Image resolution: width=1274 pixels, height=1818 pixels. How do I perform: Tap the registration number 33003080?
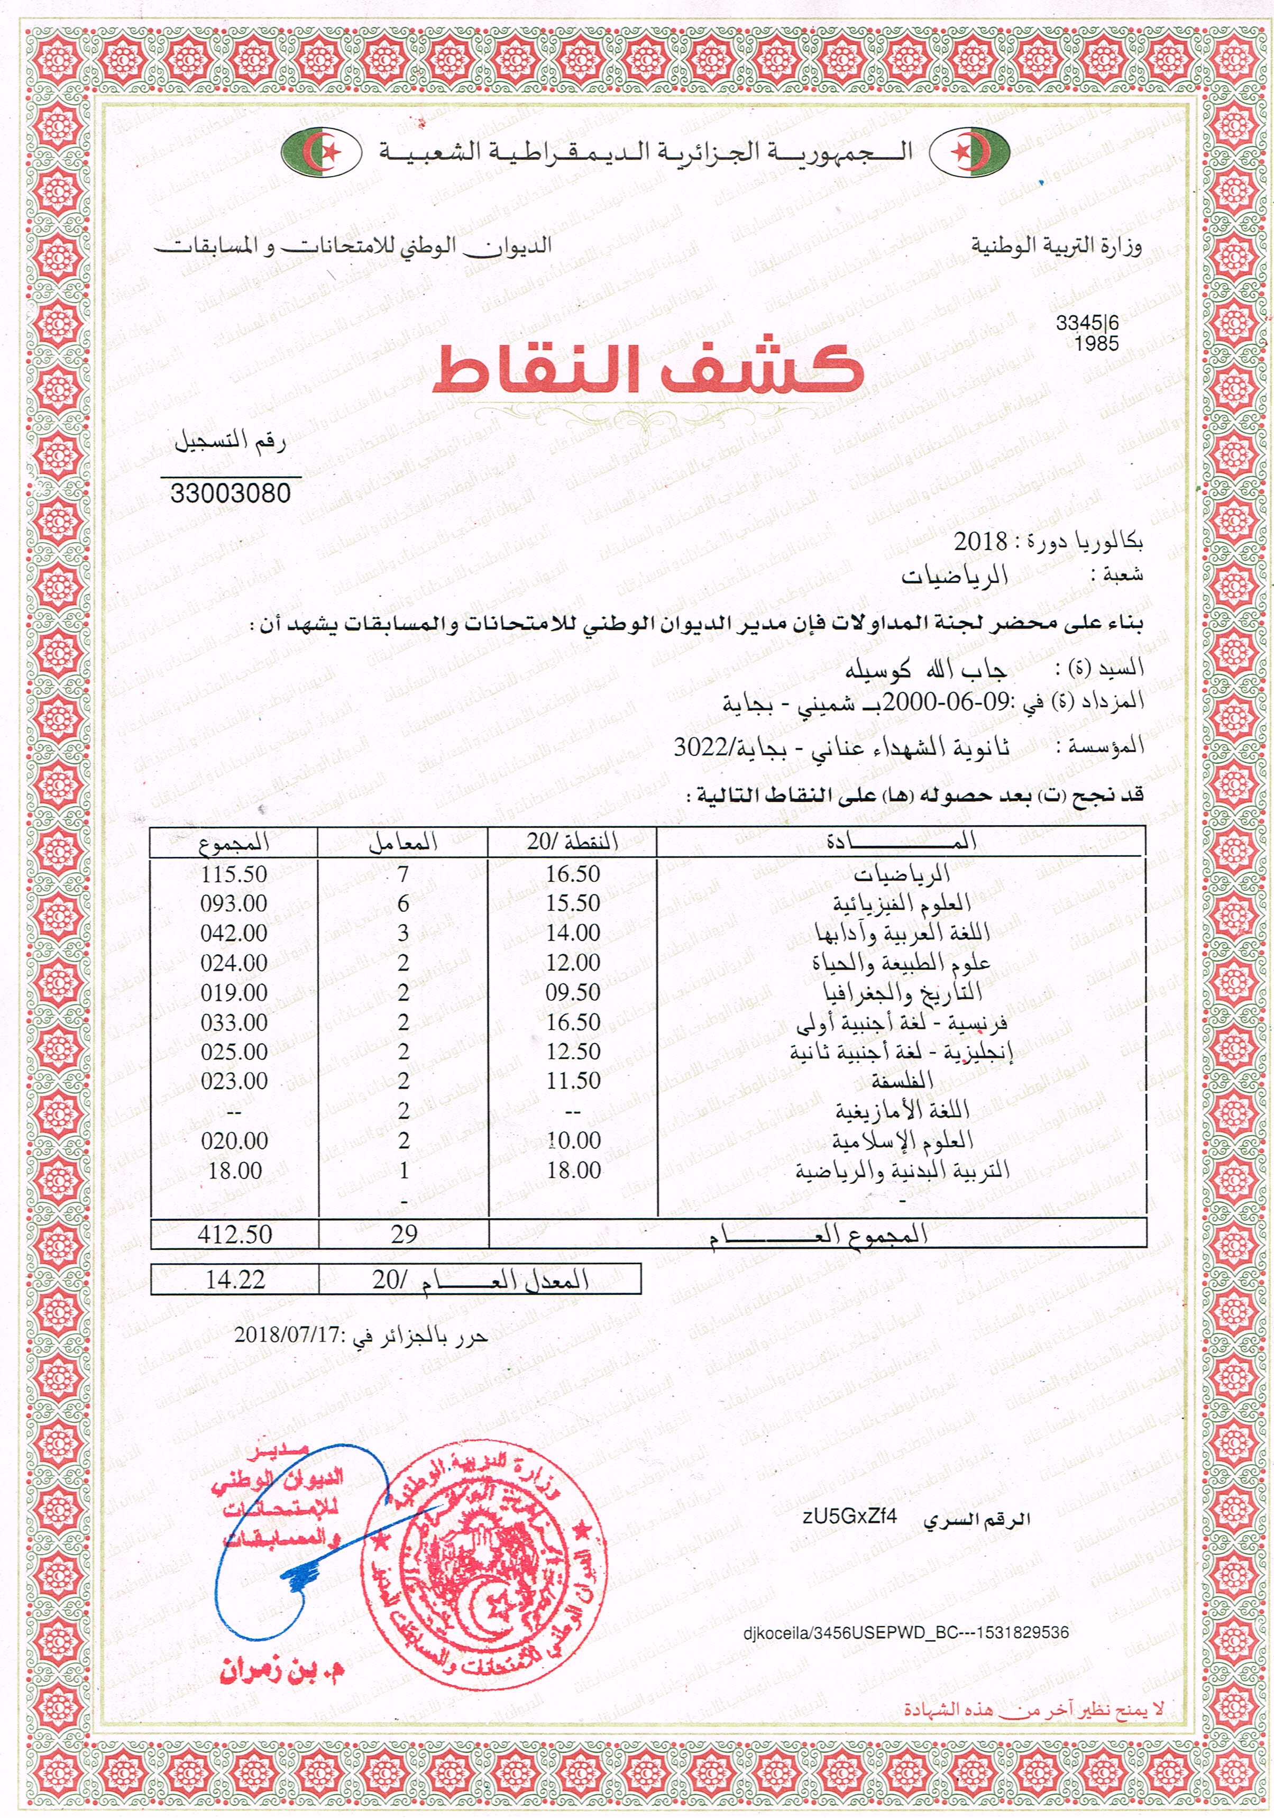click(231, 494)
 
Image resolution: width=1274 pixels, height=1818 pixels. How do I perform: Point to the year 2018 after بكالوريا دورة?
click(979, 542)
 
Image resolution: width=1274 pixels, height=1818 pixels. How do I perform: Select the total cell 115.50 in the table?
click(234, 874)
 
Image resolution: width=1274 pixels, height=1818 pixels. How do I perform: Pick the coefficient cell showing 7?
click(403, 874)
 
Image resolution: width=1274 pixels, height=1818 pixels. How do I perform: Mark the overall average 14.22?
click(234, 1280)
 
